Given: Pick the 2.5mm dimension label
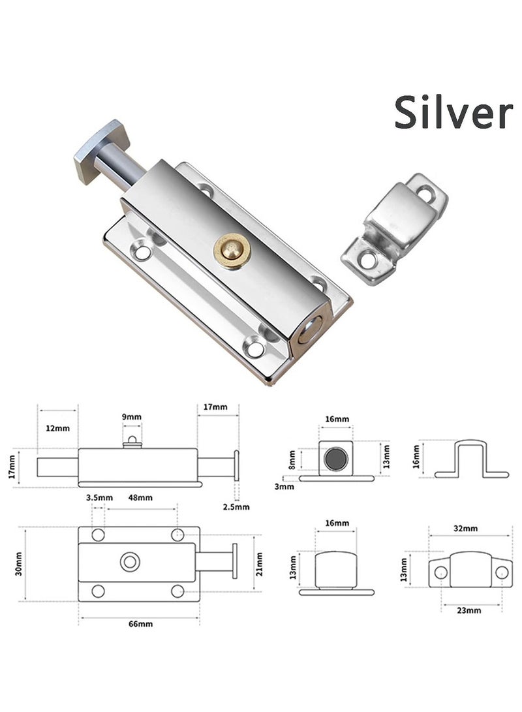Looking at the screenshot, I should [x=235, y=506].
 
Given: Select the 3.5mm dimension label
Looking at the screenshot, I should [x=96, y=497].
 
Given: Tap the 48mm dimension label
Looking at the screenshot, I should [x=140, y=497].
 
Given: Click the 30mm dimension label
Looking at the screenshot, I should [x=19, y=563].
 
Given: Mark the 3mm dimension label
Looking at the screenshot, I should [x=283, y=486].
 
